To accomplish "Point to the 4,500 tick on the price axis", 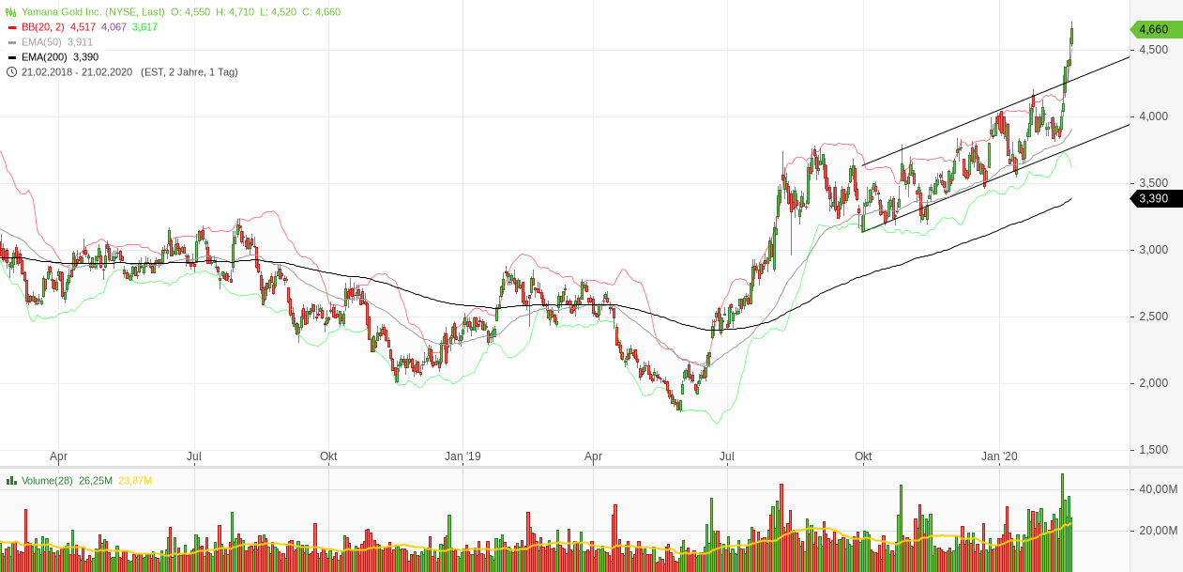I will [x=1153, y=50].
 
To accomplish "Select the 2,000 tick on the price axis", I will [x=1153, y=383].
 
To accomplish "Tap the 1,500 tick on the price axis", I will [x=1153, y=450].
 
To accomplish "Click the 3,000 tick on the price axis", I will [x=1153, y=250].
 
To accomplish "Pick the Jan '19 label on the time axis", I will [x=463, y=457].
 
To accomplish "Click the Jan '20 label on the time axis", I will [x=999, y=457].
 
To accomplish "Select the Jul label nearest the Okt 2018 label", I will [x=194, y=457].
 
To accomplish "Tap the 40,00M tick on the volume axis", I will [x=1158, y=489].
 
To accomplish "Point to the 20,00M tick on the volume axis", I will [x=1158, y=531].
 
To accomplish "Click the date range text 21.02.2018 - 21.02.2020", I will [x=79, y=72].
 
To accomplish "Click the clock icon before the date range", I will [x=11, y=72].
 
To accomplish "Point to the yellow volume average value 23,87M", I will [x=135, y=481].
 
